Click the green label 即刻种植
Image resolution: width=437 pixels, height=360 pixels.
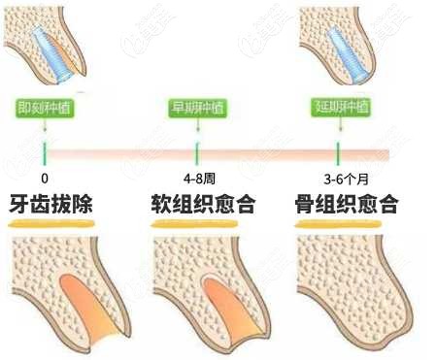tap(45, 107)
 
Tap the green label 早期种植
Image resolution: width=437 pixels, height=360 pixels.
tap(197, 107)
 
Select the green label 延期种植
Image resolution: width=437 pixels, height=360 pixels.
tap(339, 107)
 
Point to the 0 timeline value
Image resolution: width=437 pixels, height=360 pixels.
tap(45, 180)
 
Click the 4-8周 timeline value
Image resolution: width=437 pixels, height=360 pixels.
tap(197, 180)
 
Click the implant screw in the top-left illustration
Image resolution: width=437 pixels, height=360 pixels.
tap(51, 49)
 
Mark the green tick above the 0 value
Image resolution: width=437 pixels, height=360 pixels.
tap(45, 151)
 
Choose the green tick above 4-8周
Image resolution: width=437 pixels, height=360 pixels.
tap(197, 151)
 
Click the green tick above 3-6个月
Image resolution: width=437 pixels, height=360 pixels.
tap(339, 151)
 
